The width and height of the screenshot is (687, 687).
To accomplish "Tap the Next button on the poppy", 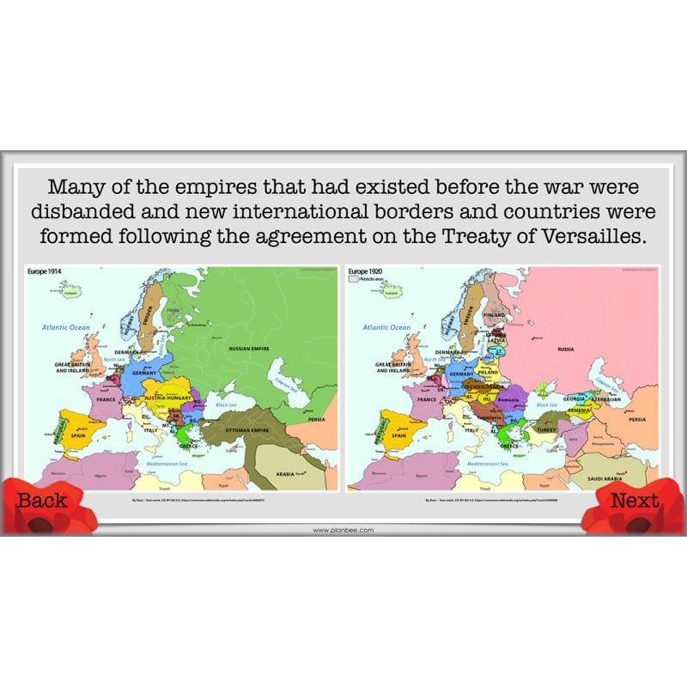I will click(635, 501).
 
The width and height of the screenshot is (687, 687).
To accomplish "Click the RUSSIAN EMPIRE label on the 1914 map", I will click(249, 349).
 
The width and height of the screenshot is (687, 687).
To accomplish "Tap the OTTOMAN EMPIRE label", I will click(254, 429).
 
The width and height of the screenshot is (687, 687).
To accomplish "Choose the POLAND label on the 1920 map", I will click(487, 373).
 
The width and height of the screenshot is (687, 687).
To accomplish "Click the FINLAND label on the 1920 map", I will click(495, 315).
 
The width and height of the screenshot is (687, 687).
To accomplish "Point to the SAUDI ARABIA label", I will click(610, 478).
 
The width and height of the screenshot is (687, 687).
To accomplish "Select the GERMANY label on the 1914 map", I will click(143, 374).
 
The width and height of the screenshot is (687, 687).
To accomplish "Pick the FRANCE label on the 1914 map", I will click(106, 399).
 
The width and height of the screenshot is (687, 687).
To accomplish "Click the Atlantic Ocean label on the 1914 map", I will click(67, 327).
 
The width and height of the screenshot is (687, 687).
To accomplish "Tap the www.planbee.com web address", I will click(343, 530).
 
